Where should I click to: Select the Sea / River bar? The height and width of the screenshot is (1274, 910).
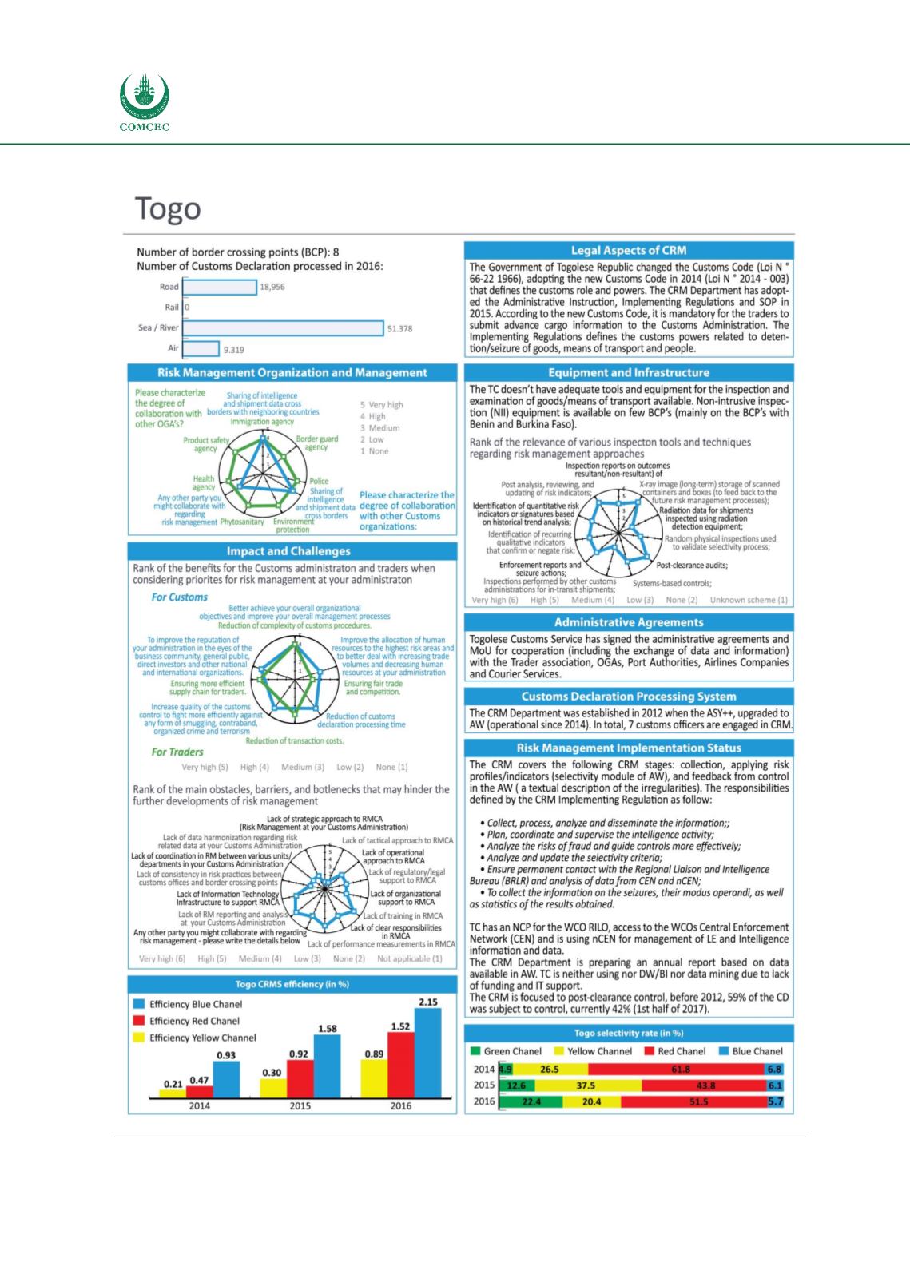click(x=283, y=327)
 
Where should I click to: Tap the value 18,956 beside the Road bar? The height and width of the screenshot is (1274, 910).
click(x=272, y=287)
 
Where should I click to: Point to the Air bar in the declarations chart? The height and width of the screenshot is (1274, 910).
click(x=201, y=348)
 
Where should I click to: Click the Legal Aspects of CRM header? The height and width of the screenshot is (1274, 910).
click(x=629, y=251)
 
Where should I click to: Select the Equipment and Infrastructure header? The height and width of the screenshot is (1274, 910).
click(x=629, y=373)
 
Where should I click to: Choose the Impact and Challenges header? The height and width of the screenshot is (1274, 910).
click(x=288, y=551)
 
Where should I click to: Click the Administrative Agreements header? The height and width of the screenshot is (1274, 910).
click(x=629, y=622)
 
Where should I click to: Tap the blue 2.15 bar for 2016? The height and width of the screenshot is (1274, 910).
click(x=427, y=1054)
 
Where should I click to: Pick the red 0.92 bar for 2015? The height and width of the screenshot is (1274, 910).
click(x=300, y=1078)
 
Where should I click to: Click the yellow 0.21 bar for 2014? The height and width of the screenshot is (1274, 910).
click(x=173, y=1093)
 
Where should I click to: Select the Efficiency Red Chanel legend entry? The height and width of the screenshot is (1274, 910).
click(x=194, y=1021)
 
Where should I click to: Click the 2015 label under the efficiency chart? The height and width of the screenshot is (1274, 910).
click(x=300, y=1105)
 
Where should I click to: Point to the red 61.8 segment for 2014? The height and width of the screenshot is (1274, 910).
click(x=681, y=1069)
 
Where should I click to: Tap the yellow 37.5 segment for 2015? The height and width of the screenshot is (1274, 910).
click(x=586, y=1085)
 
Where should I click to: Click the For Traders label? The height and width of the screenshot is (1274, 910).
click(x=177, y=752)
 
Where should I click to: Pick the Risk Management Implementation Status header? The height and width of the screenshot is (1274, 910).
click(x=629, y=748)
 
